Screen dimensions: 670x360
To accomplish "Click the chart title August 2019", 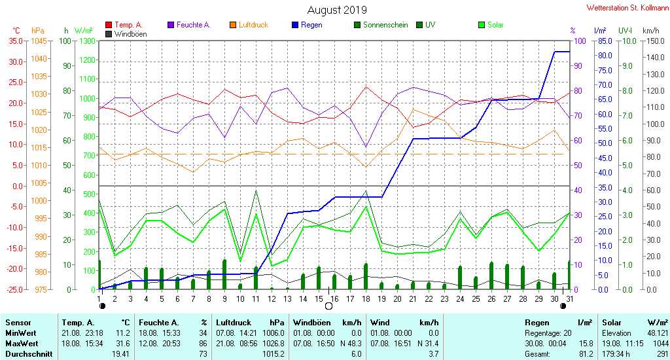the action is [x=337, y=10].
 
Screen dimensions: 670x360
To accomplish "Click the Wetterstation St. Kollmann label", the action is [x=627, y=8].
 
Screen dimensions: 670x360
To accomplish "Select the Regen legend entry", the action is [x=307, y=25].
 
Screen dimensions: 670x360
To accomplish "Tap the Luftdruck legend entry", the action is [x=249, y=25].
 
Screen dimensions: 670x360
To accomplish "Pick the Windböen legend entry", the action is [x=126, y=34].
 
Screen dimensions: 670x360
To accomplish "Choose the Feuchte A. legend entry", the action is [x=189, y=25].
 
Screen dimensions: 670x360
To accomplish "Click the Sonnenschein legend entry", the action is [x=381, y=25].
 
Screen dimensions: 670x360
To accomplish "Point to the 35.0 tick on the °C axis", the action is [x=16, y=41].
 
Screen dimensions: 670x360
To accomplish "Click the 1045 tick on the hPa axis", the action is [x=39, y=41].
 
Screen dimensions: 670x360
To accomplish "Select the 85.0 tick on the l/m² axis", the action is [x=605, y=41].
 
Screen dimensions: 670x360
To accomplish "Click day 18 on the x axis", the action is [x=366, y=299].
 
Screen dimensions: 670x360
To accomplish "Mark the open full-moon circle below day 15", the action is [x=328, y=306].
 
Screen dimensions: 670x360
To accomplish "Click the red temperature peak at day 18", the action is [x=366, y=87].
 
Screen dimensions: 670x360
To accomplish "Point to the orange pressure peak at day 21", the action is [x=414, y=109].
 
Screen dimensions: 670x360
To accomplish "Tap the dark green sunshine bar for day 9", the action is [x=224, y=274].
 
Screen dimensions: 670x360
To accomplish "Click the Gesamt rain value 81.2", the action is [x=586, y=354].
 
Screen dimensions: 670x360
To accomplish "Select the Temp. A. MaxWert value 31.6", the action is [x=123, y=344].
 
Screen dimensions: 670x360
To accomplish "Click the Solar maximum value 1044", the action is [x=661, y=344].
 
